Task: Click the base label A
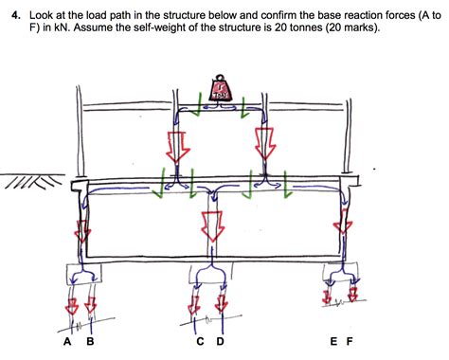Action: pyautogui.click(x=68, y=342)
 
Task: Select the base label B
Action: pyautogui.click(x=90, y=342)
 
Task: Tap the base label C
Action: pyautogui.click(x=200, y=342)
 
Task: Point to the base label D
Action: pyautogui.click(x=221, y=342)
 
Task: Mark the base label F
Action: pyautogui.click(x=350, y=342)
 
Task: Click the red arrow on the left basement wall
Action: pyautogui.click(x=84, y=231)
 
